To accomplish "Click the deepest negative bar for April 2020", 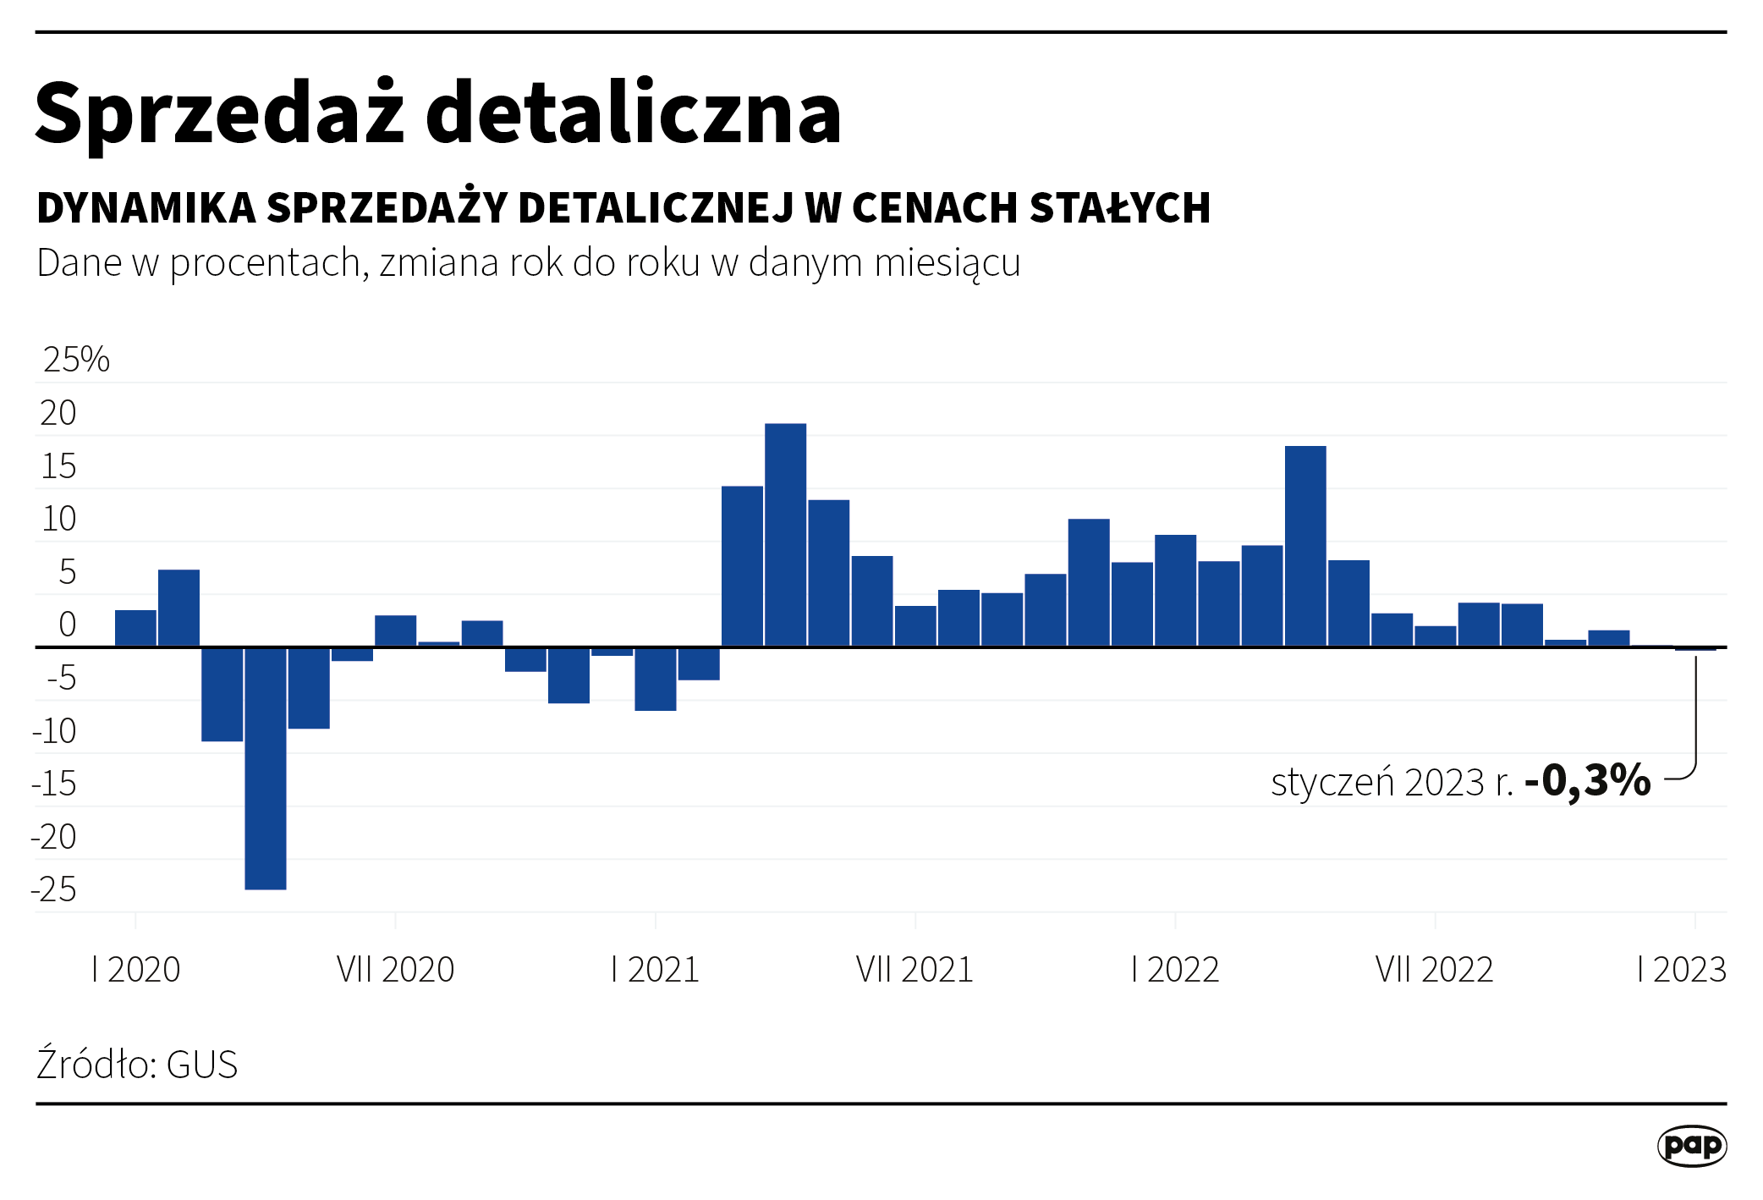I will (266, 768).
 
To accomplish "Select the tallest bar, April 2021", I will (785, 535).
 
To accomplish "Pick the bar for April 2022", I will (1305, 546).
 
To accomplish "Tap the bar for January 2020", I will (135, 628).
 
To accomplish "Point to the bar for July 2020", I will (396, 631).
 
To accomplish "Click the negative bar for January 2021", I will (656, 679).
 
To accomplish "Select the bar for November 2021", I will (1089, 583).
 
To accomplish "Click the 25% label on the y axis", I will (76, 360).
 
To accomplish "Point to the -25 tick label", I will (54, 889).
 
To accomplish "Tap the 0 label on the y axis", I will (68, 625).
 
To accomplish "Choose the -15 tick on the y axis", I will (54, 784).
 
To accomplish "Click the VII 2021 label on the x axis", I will (914, 969).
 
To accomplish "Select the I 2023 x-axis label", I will (1682, 969).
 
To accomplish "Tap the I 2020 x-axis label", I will (136, 969).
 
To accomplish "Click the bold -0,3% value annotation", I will (1587, 780).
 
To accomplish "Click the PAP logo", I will (1691, 1146).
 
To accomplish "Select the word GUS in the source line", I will (202, 1065).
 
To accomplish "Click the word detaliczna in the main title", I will (633, 113).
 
